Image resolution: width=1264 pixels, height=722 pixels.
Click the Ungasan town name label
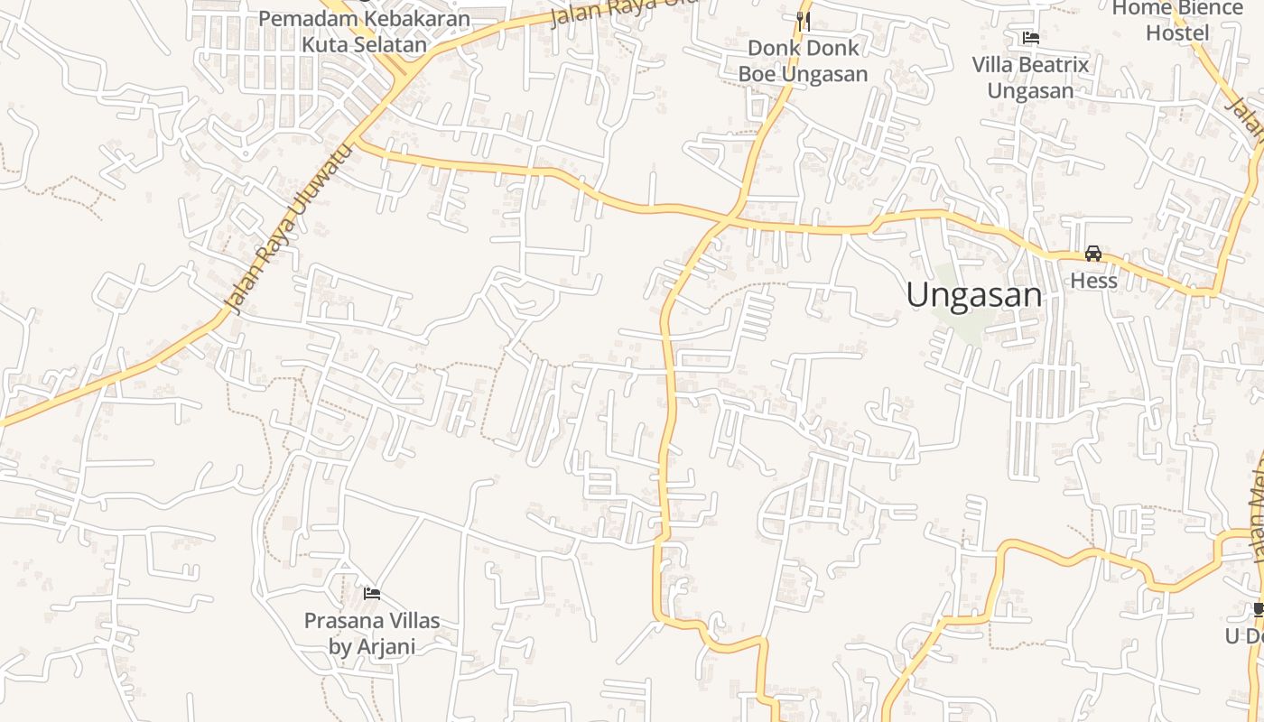(x=974, y=295)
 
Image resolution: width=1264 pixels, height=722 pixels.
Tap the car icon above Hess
(x=1093, y=254)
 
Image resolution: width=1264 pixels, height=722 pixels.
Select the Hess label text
(x=1093, y=281)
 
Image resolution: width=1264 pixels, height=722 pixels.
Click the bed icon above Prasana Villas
(x=371, y=594)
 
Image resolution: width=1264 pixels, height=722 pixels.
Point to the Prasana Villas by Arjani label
(x=372, y=633)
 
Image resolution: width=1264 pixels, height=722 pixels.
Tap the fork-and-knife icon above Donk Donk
(x=804, y=21)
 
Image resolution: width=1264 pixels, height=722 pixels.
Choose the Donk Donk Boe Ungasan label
(x=804, y=60)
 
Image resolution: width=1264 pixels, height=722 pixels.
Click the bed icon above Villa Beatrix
(x=1030, y=38)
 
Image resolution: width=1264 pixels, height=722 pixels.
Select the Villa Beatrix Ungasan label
(x=1030, y=78)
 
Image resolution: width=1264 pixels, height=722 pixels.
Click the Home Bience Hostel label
(x=1177, y=21)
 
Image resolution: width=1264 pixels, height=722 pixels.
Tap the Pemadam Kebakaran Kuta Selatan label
(x=364, y=31)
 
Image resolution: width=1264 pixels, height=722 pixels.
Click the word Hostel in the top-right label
(x=1177, y=33)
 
